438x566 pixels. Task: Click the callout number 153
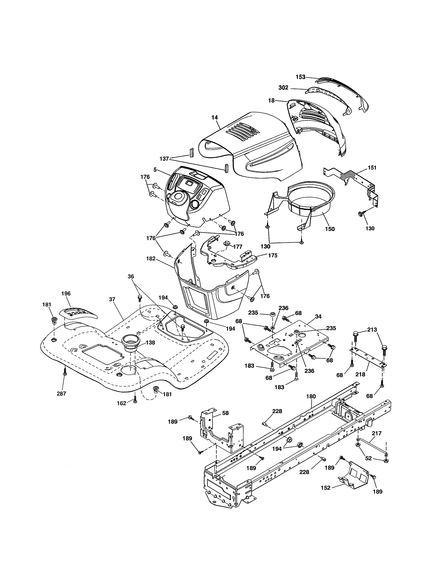click(300, 77)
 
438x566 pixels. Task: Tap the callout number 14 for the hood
click(214, 117)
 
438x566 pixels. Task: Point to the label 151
click(372, 168)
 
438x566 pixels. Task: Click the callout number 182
click(151, 258)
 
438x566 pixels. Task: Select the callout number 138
click(150, 342)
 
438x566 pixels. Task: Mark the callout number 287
click(61, 393)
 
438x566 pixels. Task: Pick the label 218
click(360, 374)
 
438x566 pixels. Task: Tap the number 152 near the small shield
click(325, 488)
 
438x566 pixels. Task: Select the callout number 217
click(377, 433)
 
